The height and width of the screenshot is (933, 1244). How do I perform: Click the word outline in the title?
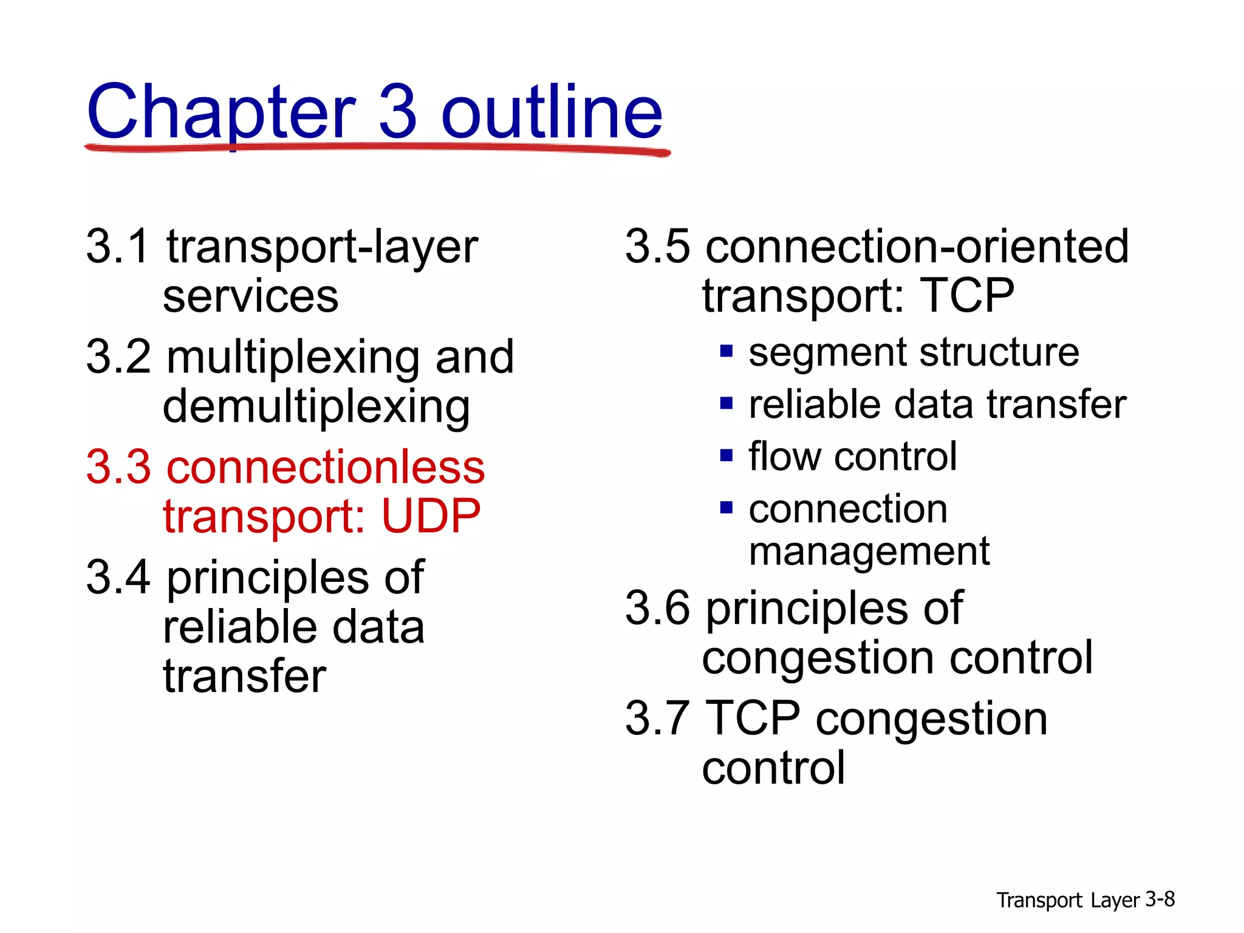(552, 112)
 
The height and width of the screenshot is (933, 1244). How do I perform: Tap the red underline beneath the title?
(377, 148)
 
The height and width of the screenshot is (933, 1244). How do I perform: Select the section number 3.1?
(117, 247)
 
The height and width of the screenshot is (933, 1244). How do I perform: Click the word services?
(250, 298)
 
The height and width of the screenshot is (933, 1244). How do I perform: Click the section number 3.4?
(118, 577)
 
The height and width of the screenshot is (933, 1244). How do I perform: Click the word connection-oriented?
(916, 247)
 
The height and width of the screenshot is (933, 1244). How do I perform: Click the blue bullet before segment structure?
(726, 351)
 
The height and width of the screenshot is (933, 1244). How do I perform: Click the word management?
(869, 552)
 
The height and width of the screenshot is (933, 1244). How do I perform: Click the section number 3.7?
(657, 718)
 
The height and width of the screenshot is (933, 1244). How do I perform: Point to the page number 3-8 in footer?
(1160, 899)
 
